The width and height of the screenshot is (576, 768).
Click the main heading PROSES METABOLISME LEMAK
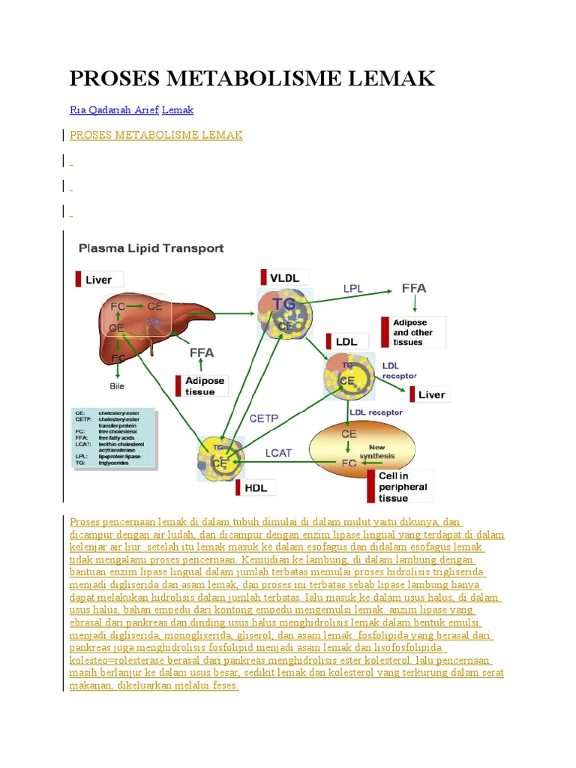point(252,78)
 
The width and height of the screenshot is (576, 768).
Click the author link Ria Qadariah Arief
point(114,109)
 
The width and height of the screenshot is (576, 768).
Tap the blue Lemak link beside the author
point(178,109)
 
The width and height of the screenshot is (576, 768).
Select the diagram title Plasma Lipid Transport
point(151,247)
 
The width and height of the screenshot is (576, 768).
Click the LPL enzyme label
point(353,287)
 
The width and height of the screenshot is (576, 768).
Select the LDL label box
point(346,341)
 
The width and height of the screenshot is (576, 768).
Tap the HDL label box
point(256,487)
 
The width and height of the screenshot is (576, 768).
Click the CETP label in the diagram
point(263,418)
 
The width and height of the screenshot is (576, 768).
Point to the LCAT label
point(279,452)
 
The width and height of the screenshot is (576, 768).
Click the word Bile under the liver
point(116,386)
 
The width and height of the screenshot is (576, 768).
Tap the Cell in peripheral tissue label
point(403,487)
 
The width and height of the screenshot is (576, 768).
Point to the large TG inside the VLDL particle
point(283,303)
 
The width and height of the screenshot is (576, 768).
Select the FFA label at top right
point(415,288)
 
